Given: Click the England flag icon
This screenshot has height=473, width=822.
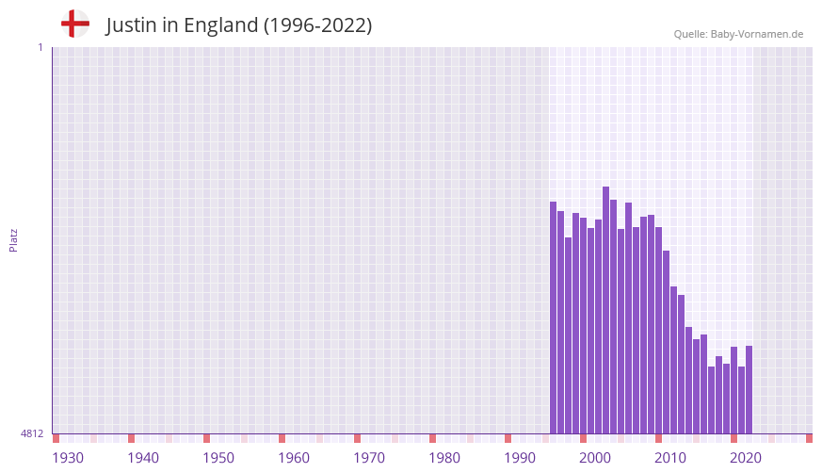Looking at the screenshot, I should click(74, 24).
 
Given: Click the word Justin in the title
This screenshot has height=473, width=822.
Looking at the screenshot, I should click(131, 25).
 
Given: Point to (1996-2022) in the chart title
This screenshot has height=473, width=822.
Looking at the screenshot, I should click(317, 25).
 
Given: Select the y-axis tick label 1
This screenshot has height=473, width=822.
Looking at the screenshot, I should click(40, 47).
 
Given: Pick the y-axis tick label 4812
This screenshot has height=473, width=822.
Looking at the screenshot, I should click(32, 433).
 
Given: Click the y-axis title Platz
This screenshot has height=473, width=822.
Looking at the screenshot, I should click(13, 239).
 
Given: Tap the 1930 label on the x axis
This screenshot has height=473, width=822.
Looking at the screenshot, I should click(68, 458).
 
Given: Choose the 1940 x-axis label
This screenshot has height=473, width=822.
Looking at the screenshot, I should click(143, 458).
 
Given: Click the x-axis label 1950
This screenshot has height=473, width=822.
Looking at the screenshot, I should click(218, 458).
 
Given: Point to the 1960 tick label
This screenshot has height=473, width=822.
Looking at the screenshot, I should click(294, 458).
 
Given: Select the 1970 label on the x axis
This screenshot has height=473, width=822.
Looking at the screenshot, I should click(369, 458).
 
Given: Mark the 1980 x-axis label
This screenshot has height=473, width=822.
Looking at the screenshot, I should click(444, 458).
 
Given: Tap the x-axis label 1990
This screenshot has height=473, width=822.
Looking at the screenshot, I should click(520, 458).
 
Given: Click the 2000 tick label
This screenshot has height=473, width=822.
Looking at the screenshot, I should click(595, 458).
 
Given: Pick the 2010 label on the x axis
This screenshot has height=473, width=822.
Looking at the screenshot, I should click(670, 458).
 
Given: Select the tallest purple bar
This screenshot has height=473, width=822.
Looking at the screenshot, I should click(605, 311).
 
